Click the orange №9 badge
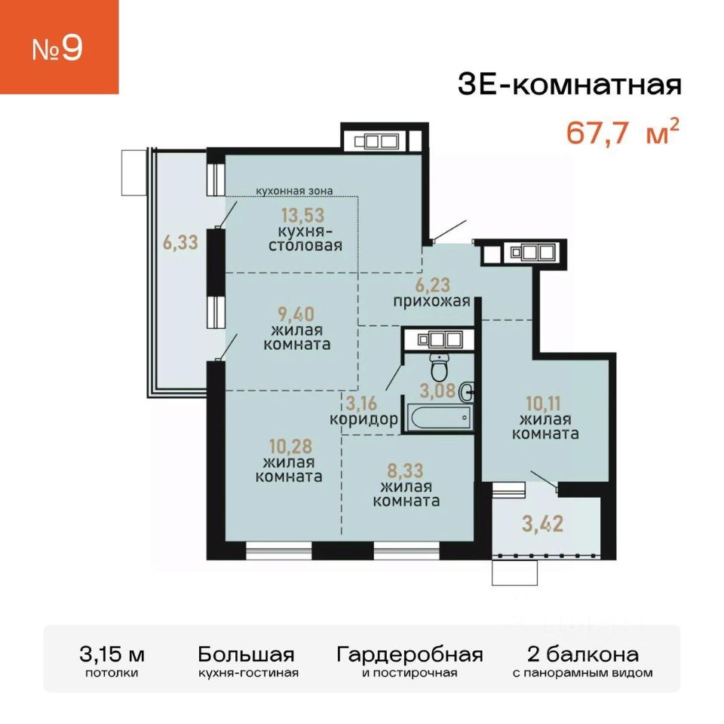pyautogui.click(x=59, y=47)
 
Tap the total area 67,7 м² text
pyautogui.click(x=623, y=132)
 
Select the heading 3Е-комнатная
pyautogui.click(x=569, y=85)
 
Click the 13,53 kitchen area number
pyautogui.click(x=303, y=215)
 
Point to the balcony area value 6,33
pyautogui.click(x=180, y=242)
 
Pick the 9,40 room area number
pyautogui.click(x=296, y=314)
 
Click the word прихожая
pyautogui.click(x=431, y=302)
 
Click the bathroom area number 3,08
pyautogui.click(x=437, y=391)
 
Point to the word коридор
pyautogui.click(x=364, y=419)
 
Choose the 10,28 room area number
pyautogui.click(x=291, y=446)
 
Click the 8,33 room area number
pyautogui.click(x=405, y=471)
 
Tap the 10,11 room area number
pyautogui.click(x=543, y=403)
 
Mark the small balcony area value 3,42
pyautogui.click(x=543, y=523)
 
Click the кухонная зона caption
pyautogui.click(x=295, y=191)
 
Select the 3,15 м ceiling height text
pyautogui.click(x=112, y=655)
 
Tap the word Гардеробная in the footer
pyautogui.click(x=410, y=655)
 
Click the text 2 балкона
pyautogui.click(x=583, y=655)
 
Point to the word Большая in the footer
pyautogui.click(x=246, y=655)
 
